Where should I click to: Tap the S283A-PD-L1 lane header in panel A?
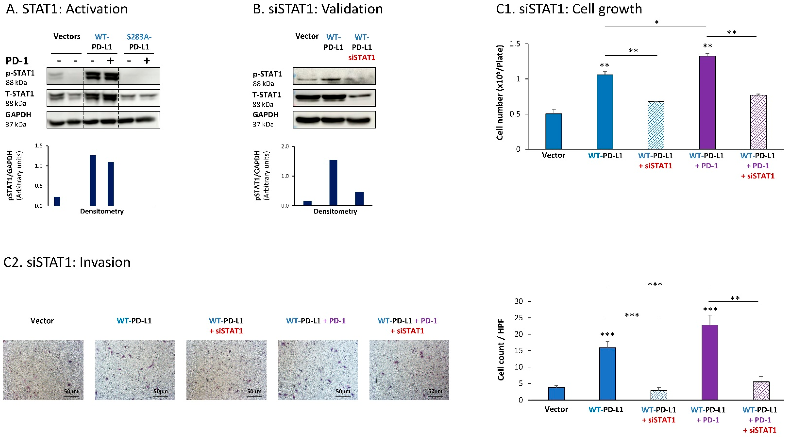coord(139,42)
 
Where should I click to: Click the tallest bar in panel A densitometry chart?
coord(92,180)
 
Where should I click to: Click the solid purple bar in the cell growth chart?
coord(707,103)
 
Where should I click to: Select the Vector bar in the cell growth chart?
coord(554,132)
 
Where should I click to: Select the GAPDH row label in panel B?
coord(265,115)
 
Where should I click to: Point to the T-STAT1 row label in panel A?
coord(20,94)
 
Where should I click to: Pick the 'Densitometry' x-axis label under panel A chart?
coord(102,211)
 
